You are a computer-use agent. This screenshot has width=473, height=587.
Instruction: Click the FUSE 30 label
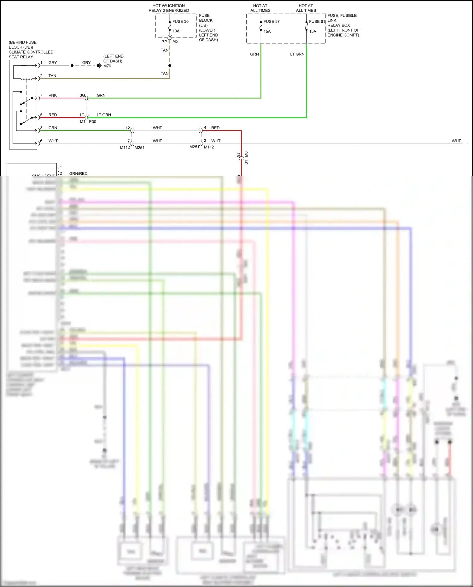click(x=180, y=21)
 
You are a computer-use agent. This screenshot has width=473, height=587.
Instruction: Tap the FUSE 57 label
click(x=272, y=21)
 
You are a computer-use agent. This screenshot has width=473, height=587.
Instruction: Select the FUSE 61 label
click(x=317, y=21)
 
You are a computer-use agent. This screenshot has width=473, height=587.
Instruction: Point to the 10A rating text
click(x=176, y=31)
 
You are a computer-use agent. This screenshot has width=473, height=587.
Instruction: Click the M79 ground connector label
click(x=107, y=66)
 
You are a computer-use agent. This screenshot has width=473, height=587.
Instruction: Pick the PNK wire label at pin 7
click(x=53, y=95)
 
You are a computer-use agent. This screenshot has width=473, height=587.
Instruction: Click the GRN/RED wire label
click(x=78, y=173)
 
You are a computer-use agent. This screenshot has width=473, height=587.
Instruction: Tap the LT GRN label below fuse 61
click(x=297, y=54)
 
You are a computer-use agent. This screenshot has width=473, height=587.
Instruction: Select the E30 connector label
click(x=92, y=121)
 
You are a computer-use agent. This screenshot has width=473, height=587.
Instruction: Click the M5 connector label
click(x=175, y=41)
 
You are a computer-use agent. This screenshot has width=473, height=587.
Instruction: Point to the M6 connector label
click(x=246, y=154)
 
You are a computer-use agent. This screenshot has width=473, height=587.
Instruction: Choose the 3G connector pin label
click(x=82, y=95)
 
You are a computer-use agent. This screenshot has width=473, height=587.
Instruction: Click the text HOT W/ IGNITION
click(x=169, y=6)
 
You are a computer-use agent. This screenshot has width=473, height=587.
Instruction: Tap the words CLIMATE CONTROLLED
click(x=31, y=52)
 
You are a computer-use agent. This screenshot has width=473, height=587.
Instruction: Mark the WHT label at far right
click(x=456, y=141)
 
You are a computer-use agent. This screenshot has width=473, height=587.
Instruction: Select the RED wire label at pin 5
click(x=53, y=115)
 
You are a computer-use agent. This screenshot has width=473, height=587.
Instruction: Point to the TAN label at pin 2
click(x=52, y=76)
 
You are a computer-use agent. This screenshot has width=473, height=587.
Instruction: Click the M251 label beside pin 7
click(x=139, y=148)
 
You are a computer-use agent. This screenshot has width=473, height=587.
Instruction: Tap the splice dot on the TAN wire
click(x=170, y=66)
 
